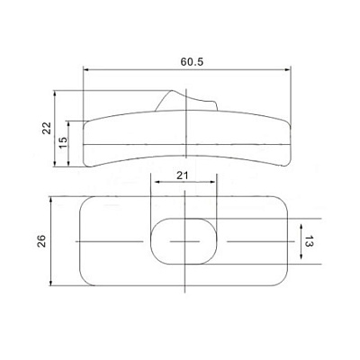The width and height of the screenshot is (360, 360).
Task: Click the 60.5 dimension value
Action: [192, 62]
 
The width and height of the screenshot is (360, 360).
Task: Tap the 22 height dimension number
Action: [47, 128]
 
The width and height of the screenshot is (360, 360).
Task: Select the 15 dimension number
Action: [63, 142]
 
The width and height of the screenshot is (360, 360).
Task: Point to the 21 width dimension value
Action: [182, 175]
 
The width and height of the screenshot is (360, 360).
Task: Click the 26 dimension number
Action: [41, 240]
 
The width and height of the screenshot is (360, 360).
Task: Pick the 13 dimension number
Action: [309, 241]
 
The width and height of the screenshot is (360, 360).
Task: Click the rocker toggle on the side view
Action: [186, 101]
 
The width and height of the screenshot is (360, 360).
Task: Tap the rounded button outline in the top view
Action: [150, 241]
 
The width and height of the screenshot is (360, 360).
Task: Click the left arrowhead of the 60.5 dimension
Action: [86, 70]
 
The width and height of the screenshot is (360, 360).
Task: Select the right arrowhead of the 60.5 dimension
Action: [287, 70]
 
